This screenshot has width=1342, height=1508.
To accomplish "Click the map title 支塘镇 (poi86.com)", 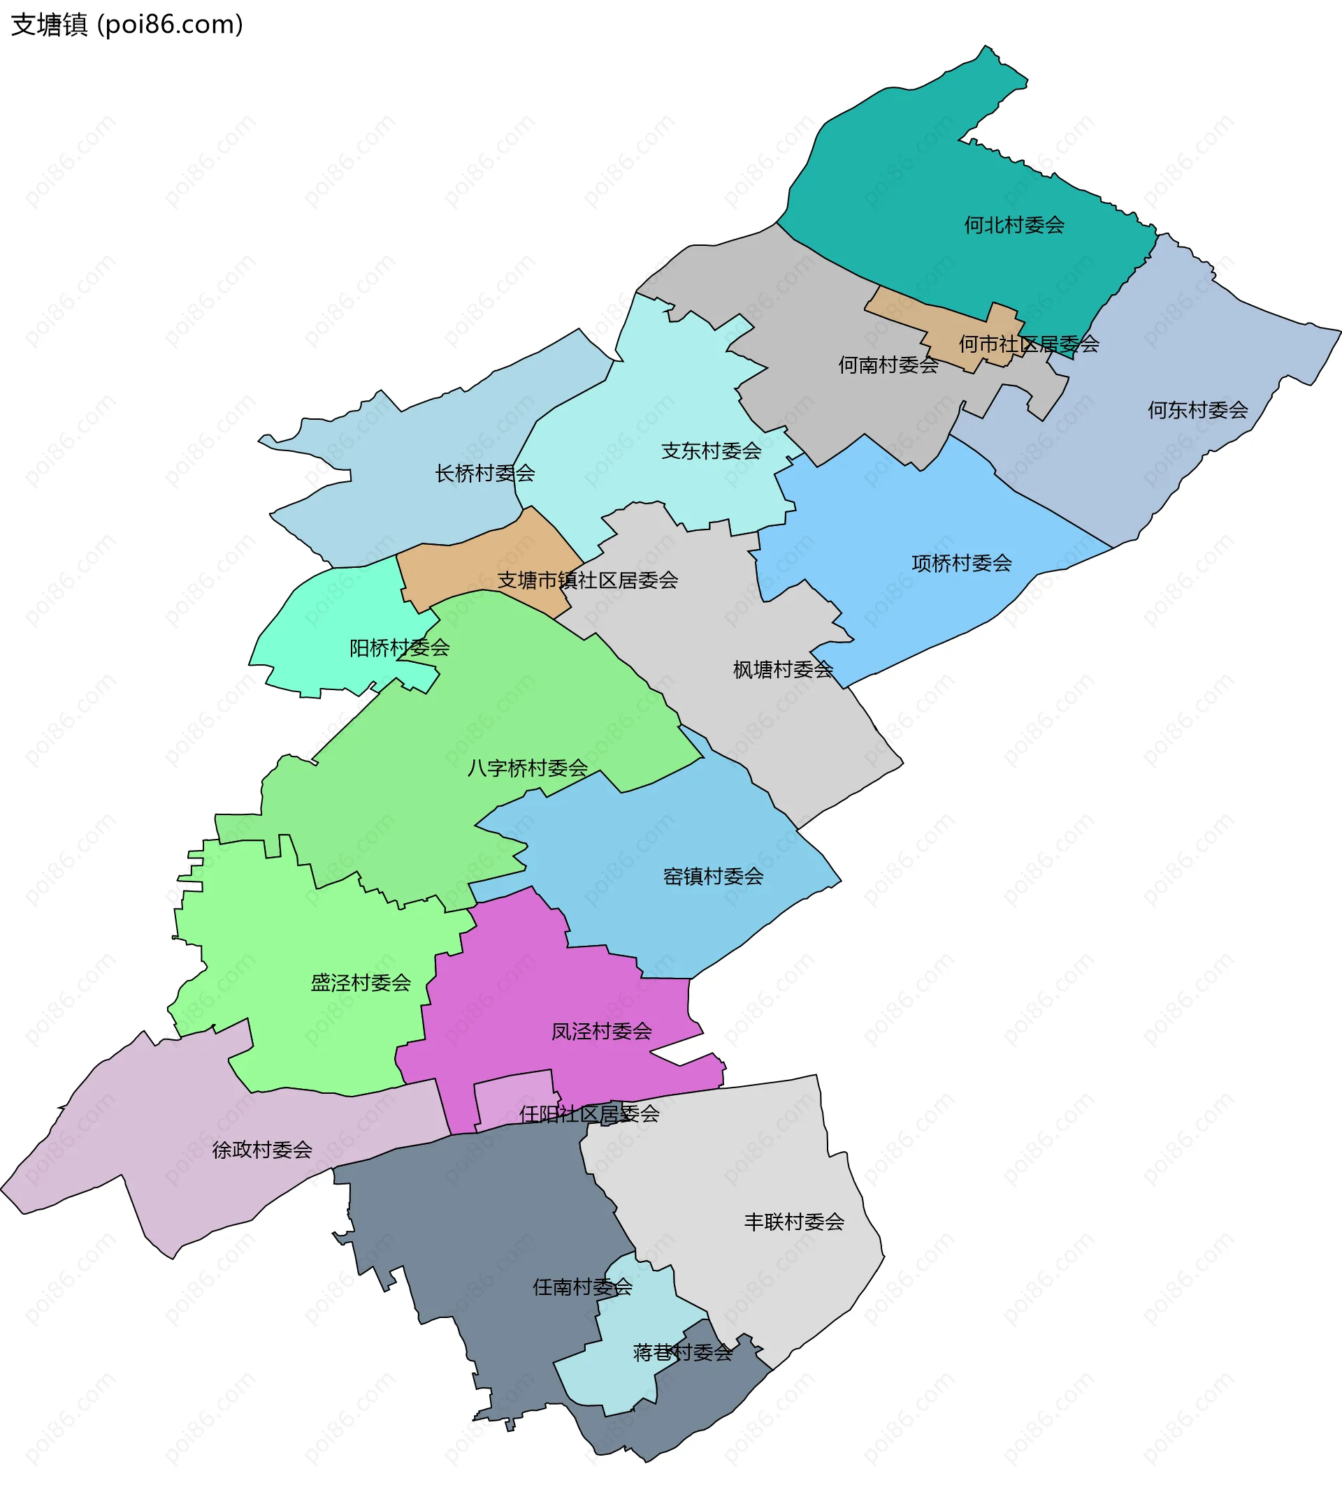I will click(127, 25).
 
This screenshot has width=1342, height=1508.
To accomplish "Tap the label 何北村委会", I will click(1013, 225).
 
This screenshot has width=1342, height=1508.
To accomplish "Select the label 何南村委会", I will click(887, 365).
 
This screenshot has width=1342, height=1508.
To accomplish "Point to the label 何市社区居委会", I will click(1028, 344).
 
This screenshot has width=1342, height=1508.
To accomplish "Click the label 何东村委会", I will click(1197, 410).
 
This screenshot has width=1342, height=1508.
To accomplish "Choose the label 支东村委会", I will click(710, 451).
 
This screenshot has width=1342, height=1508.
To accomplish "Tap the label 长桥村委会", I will click(484, 473).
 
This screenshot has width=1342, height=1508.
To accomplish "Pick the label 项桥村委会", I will click(961, 564).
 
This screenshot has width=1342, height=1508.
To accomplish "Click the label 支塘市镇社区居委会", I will click(587, 580).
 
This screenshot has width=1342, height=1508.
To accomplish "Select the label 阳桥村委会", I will click(398, 647).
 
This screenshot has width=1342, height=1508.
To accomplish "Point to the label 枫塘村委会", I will click(782, 669).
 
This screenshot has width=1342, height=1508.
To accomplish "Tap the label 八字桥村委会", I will click(527, 768).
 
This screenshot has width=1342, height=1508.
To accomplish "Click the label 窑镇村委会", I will click(712, 877).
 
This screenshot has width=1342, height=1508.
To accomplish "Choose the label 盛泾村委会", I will click(360, 983).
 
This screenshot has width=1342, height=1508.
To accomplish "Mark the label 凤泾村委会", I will click(601, 1032).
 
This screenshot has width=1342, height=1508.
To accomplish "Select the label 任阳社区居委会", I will click(589, 1114).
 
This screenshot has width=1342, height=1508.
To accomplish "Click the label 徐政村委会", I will click(261, 1150).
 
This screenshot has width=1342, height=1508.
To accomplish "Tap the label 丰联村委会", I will click(793, 1222).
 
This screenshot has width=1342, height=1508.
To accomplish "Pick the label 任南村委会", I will click(582, 1287).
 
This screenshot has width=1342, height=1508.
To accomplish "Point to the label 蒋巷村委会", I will click(682, 1352).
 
